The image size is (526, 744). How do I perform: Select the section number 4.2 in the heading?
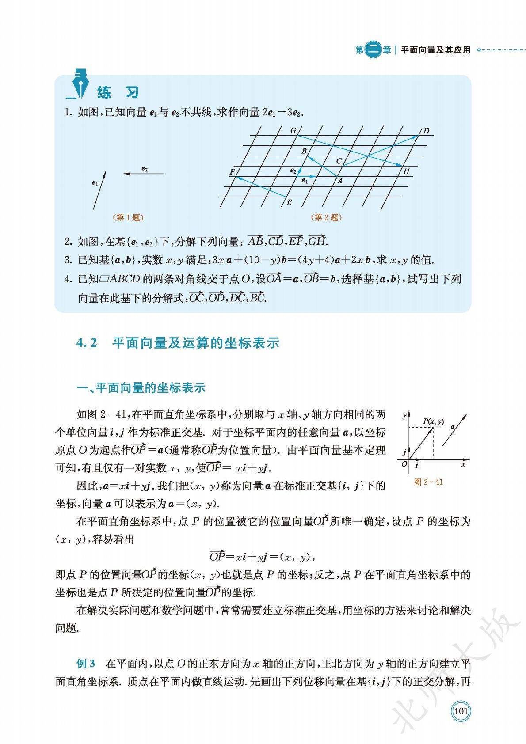(x=87, y=343)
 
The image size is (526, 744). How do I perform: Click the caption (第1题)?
(x=129, y=217)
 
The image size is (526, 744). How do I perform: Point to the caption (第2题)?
(x=327, y=217)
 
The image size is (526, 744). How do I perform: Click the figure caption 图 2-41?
(x=428, y=482)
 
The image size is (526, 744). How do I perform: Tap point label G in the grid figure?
(x=293, y=131)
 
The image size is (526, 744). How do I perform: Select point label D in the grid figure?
(x=426, y=131)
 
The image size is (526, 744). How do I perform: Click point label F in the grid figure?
(x=232, y=172)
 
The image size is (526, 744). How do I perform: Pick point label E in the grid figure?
(x=290, y=203)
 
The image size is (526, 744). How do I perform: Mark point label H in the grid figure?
(x=406, y=171)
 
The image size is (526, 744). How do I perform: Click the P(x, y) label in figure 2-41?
(x=433, y=421)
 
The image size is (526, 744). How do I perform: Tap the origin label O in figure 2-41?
(x=404, y=464)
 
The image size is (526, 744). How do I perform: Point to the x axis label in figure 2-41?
(x=463, y=464)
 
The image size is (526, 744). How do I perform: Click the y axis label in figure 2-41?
(x=404, y=415)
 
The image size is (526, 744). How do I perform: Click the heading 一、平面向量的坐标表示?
(x=141, y=388)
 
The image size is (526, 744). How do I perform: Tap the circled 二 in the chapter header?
(x=374, y=50)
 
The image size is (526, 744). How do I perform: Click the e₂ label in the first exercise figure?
(x=145, y=168)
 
